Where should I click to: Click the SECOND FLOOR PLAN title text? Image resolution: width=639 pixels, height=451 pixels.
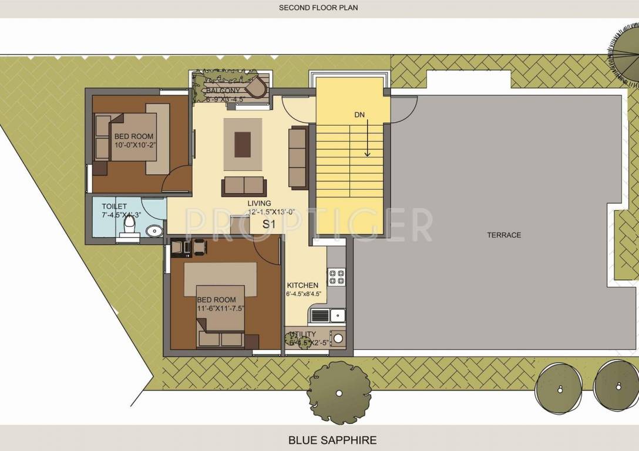(x=318, y=8)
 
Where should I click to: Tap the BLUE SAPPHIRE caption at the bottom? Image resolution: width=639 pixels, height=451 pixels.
(x=332, y=439)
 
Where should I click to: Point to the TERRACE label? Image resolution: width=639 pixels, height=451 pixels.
(x=503, y=235)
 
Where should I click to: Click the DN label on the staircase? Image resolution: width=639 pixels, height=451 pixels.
(x=360, y=115)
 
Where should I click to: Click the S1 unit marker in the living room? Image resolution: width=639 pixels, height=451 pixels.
(x=268, y=224)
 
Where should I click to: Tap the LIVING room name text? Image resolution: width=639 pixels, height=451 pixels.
(x=258, y=203)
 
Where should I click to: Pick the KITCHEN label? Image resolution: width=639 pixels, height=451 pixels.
(x=302, y=285)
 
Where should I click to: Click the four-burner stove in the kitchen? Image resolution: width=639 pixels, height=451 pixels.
(x=337, y=277)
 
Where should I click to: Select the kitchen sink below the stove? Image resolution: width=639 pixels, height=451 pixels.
(x=337, y=315)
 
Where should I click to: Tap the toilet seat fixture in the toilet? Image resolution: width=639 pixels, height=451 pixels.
(x=131, y=226)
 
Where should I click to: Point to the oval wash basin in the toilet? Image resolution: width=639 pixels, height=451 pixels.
(x=154, y=231)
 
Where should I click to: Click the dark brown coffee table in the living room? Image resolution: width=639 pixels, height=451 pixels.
(x=243, y=144)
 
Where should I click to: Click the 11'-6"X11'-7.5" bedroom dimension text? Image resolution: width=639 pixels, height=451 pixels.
(x=221, y=308)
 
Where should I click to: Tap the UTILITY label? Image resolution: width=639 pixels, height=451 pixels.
(x=303, y=334)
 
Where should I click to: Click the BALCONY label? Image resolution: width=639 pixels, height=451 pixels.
(x=223, y=90)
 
